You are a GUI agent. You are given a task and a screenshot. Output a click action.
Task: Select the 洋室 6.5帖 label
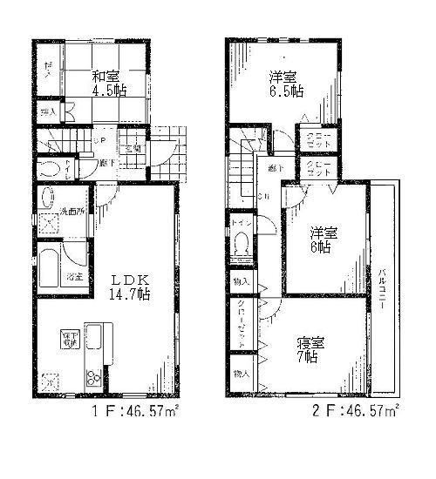(x=286, y=83)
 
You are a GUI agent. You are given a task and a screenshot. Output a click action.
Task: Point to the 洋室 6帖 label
(x=323, y=239)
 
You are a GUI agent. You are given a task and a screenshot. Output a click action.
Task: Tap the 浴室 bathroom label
(x=73, y=277)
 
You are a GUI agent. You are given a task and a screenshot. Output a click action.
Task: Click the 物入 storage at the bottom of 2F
(x=241, y=373)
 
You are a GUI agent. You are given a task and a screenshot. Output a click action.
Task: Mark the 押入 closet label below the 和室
(x=48, y=112)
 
